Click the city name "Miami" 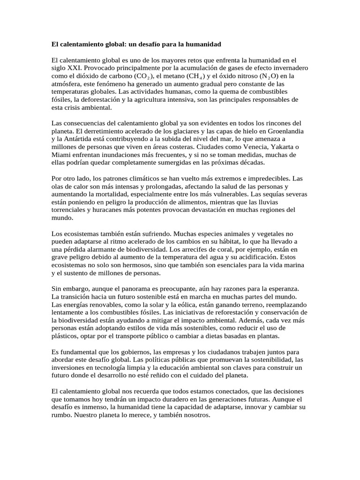pyautogui.click(x=60, y=155)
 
